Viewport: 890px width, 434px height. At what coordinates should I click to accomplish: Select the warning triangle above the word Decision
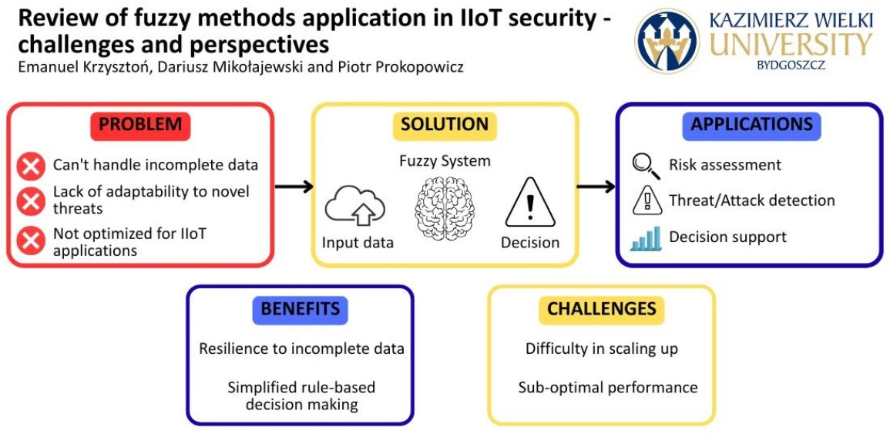[530, 204]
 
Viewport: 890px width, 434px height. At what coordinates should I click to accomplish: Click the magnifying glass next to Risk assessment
[646, 166]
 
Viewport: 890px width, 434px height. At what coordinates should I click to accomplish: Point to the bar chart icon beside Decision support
[646, 239]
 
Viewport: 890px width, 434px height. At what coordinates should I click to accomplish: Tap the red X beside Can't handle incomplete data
[31, 167]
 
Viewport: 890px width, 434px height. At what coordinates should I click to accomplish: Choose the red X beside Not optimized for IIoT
[31, 241]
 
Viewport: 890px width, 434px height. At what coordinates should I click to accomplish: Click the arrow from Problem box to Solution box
[294, 186]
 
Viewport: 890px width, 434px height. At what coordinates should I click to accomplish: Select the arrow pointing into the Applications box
[596, 186]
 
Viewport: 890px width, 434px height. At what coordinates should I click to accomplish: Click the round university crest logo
[667, 41]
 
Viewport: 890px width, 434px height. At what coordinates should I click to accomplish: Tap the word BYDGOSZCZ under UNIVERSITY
[791, 65]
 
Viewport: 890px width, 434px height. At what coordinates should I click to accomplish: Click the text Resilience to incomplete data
[301, 348]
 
